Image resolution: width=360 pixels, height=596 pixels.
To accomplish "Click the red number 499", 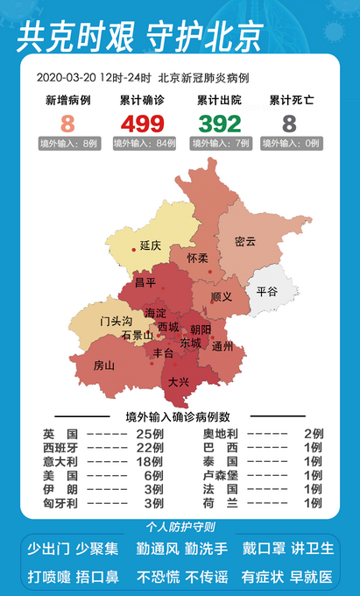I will click(x=143, y=124).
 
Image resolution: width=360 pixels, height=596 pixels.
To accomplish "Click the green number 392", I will click(x=219, y=124).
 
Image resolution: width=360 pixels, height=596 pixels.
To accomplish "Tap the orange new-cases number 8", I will click(x=67, y=124).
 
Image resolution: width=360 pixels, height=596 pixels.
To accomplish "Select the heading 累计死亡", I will click(x=288, y=101).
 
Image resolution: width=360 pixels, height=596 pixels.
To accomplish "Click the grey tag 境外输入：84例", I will click(x=143, y=143).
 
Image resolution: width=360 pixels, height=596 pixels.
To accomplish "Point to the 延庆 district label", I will click(x=151, y=246).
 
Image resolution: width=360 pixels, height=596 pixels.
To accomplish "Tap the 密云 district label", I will click(x=245, y=241).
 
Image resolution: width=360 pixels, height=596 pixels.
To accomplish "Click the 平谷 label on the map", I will click(x=266, y=292).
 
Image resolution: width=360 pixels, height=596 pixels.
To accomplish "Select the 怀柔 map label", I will click(x=198, y=259).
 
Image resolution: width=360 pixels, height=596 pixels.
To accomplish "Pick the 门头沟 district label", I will click(x=116, y=322).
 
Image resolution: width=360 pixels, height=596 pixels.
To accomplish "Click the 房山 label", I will click(x=103, y=365).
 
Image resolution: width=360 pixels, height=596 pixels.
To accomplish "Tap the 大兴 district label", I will click(x=179, y=382).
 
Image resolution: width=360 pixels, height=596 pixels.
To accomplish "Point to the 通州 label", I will click(x=222, y=346).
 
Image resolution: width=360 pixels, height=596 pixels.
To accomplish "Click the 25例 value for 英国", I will click(x=151, y=434).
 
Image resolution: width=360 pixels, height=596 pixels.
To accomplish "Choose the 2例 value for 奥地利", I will click(x=313, y=434).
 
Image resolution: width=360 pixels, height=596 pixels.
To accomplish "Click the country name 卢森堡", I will click(x=220, y=476).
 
